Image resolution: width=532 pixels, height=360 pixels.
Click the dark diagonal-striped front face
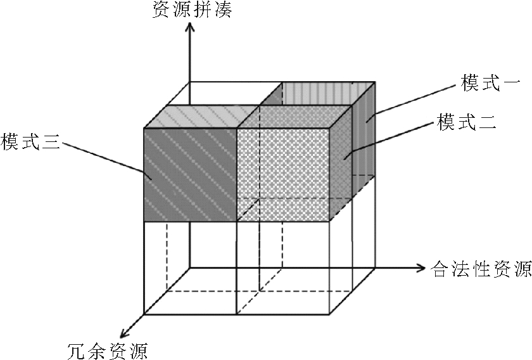pyautogui.click(x=190, y=174)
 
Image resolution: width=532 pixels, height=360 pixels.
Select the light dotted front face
pyautogui.click(x=284, y=174)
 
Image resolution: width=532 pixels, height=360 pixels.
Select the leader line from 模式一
pyautogui.click(x=412, y=98)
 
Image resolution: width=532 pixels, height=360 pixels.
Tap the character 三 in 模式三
pyautogui.click(x=51, y=141)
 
